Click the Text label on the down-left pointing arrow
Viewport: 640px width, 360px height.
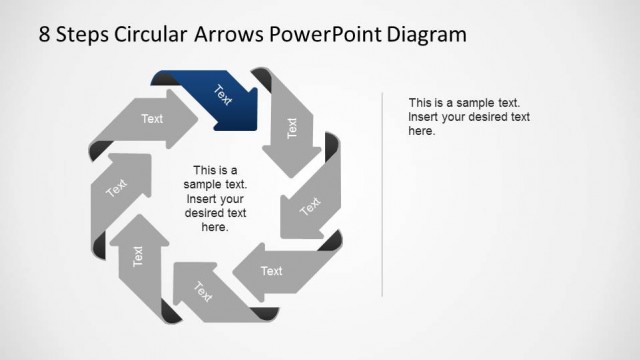[311, 206]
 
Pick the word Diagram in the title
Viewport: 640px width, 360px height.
[428, 34]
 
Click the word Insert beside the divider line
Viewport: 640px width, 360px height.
[425, 117]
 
